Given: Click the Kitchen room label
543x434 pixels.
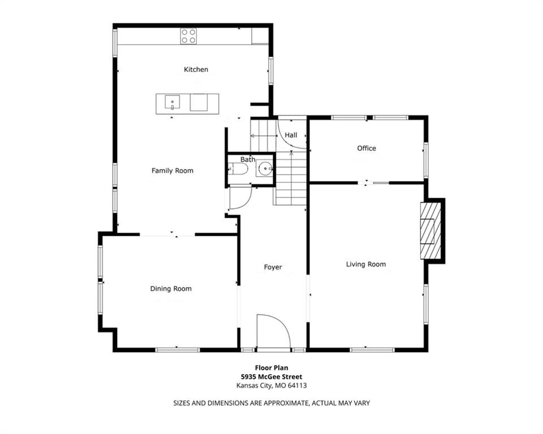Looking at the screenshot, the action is click(x=196, y=70).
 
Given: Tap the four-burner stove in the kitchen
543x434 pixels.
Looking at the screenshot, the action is click(x=188, y=36).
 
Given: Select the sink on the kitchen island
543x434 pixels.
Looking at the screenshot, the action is click(x=172, y=103).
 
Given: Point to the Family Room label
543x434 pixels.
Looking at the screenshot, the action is click(x=173, y=171).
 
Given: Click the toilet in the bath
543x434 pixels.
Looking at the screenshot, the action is click(x=239, y=169).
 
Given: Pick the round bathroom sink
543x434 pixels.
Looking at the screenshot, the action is click(x=265, y=169).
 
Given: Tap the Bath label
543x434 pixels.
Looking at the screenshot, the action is click(x=248, y=159).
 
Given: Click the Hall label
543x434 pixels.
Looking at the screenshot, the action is click(x=291, y=135).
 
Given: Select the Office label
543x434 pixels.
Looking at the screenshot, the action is click(x=367, y=148).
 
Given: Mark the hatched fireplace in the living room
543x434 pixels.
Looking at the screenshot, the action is click(x=431, y=231).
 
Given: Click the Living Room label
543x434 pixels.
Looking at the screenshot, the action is click(x=366, y=264).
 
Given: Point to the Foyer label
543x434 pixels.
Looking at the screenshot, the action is click(x=273, y=267).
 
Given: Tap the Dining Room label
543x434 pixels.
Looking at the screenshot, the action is click(x=171, y=289).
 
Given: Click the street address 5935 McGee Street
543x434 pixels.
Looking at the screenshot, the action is click(x=271, y=376).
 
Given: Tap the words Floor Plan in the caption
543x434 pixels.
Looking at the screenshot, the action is click(x=271, y=368).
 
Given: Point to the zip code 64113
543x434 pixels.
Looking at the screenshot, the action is click(x=297, y=385).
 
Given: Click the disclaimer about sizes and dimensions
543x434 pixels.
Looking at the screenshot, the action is click(x=271, y=403).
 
